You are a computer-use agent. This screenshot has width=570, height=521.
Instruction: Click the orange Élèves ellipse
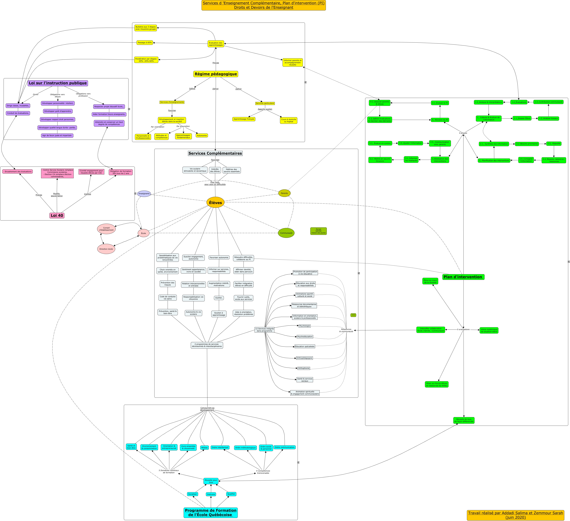tap(215, 203)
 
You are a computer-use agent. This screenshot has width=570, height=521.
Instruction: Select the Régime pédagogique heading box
tap(216, 74)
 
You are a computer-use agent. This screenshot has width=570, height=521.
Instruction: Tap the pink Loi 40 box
tap(57, 216)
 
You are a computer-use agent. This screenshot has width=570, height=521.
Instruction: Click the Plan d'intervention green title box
tap(463, 277)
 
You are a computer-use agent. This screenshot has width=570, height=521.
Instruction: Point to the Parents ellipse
tap(284, 193)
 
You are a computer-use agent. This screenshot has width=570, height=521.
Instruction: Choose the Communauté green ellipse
tap(286, 233)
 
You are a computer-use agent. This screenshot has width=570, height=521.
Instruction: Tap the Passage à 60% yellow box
tap(145, 43)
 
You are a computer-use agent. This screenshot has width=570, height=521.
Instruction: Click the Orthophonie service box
tap(304, 368)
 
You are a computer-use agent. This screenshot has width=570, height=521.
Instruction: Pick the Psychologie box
tap(304, 326)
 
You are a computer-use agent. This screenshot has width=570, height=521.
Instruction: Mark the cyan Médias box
tap(204, 447)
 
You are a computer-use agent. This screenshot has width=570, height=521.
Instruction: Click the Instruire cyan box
tap(211, 494)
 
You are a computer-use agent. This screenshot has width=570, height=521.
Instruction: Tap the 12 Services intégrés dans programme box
tap(264, 330)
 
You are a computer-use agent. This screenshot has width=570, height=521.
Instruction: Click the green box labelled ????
tap(353, 315)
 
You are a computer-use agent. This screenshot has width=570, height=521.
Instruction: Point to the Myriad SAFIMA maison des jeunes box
tap(318, 231)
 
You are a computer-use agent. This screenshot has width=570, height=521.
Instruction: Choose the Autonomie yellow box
tap(202, 135)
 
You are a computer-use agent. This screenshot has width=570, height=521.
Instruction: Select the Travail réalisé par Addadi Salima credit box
tap(515, 515)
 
